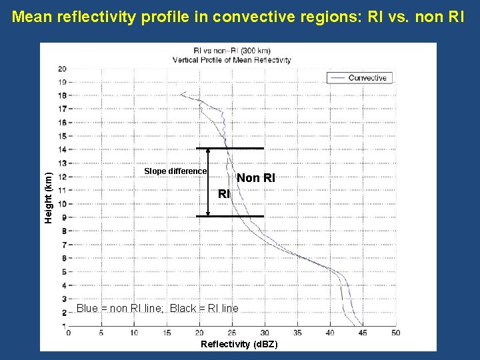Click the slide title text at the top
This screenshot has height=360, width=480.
click(x=239, y=16)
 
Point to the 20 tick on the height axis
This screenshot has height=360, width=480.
click(x=61, y=68)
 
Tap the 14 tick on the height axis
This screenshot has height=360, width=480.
click(x=61, y=149)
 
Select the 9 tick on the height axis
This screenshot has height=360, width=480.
click(x=63, y=217)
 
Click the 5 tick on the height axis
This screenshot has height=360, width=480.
click(x=63, y=271)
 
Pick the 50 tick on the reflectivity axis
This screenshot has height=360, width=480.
click(x=396, y=332)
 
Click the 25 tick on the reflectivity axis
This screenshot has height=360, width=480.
click(x=232, y=332)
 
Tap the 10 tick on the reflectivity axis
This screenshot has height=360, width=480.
click(x=133, y=332)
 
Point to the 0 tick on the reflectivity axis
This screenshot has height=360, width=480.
click(x=69, y=332)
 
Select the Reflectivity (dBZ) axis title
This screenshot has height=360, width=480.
click(x=239, y=344)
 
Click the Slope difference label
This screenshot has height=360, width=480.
click(x=175, y=171)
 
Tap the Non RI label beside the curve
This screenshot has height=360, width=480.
click(x=255, y=178)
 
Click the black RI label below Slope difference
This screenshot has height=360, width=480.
click(x=224, y=194)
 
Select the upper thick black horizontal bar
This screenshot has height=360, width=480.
click(x=230, y=148)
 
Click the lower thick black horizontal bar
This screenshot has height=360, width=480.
click(x=230, y=216)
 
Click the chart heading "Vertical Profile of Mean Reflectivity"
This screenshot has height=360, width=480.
click(x=231, y=60)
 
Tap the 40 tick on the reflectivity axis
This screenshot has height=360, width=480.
click(x=330, y=332)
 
